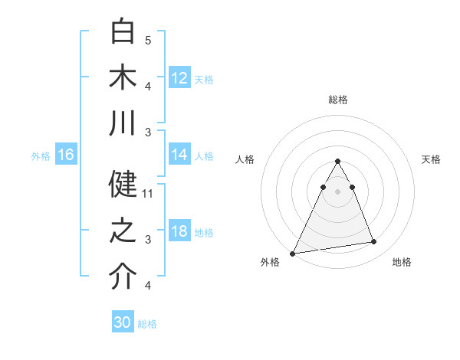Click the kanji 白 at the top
tap(123, 32)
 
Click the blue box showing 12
tap(179, 77)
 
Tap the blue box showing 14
tap(179, 155)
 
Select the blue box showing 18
tap(179, 231)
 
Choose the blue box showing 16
tap(66, 155)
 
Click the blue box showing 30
tap(123, 322)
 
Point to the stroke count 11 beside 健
tap(148, 194)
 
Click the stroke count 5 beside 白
tap(148, 41)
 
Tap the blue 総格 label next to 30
tap(147, 323)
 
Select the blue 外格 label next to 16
tap(41, 155)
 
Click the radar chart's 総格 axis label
tap(337, 100)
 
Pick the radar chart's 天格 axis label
tap(432, 159)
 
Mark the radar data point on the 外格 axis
tap(293, 253)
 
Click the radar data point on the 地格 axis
tap(374, 242)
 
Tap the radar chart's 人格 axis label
tap(245, 159)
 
